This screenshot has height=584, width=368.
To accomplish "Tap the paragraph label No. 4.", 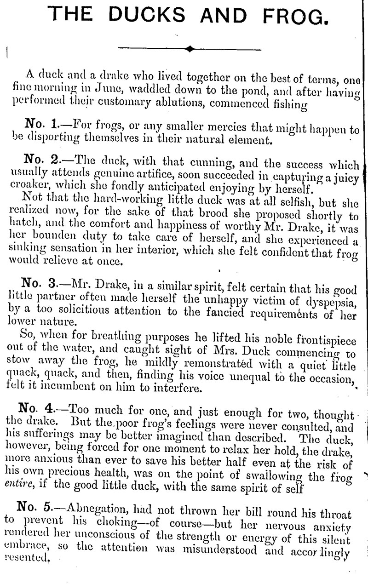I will point(36,408).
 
